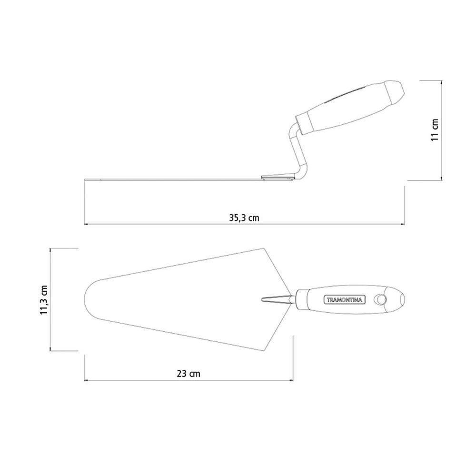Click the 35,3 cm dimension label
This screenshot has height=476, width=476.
tap(244, 218)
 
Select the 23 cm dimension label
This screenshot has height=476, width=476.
tap(188, 373)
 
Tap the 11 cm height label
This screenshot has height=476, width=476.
tap(435, 129)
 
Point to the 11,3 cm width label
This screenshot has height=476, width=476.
tap(44, 300)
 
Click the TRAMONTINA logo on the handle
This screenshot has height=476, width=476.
tap(345, 299)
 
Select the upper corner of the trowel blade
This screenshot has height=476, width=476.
tap(265, 248)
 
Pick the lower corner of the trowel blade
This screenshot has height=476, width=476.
tap(265, 351)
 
